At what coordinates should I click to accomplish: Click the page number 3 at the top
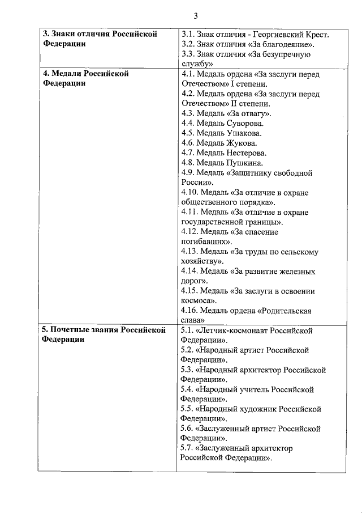tap(195, 15)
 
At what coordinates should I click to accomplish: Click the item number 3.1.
tap(188, 35)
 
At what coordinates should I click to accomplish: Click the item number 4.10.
tap(191, 192)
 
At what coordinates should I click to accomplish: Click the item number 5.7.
tap(188, 448)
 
